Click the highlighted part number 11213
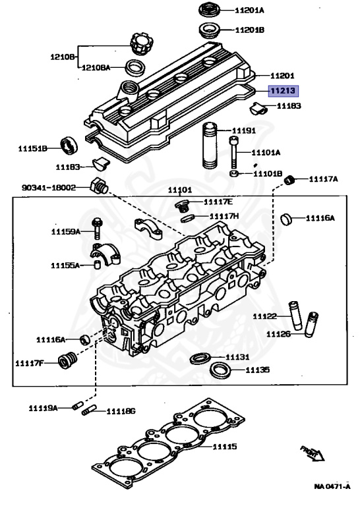[x=283, y=91]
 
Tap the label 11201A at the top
[x=249, y=11]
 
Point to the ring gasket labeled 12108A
[x=135, y=67]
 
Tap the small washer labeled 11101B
[x=234, y=174]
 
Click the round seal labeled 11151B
[x=69, y=146]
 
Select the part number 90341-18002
[x=49, y=188]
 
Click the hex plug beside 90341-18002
[x=99, y=186]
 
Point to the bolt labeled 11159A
[x=96, y=229]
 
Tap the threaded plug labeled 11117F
[x=68, y=360]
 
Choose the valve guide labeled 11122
[x=295, y=316]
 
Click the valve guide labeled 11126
[x=311, y=324]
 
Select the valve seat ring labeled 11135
[x=221, y=370]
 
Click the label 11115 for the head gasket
[x=225, y=447]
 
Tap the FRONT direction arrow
[x=313, y=453]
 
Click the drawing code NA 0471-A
[x=332, y=486]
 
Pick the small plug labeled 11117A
[x=289, y=180]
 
